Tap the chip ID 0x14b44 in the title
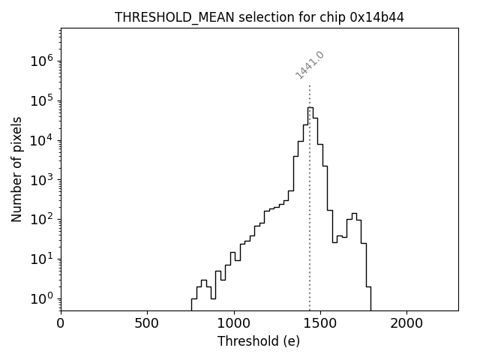click(x=377, y=17)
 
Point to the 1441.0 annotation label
click(x=310, y=65)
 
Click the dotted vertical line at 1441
click(x=310, y=187)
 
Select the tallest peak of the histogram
click(x=310, y=108)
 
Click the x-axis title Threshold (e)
click(x=259, y=341)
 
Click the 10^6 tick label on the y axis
click(x=41, y=61)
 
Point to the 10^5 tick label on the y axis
click(x=41, y=101)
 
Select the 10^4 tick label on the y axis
click(x=41, y=140)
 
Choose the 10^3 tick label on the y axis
click(x=41, y=180)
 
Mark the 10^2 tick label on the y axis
click(x=41, y=220)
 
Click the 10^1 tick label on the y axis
click(x=41, y=259)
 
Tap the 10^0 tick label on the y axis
click(x=41, y=298)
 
